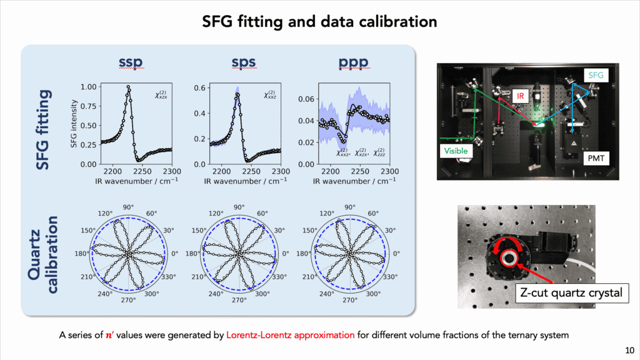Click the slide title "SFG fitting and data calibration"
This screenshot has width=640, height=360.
tap(319, 22)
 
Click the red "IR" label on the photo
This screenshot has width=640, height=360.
tap(519, 96)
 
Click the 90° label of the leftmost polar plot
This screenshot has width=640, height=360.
tap(127, 207)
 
